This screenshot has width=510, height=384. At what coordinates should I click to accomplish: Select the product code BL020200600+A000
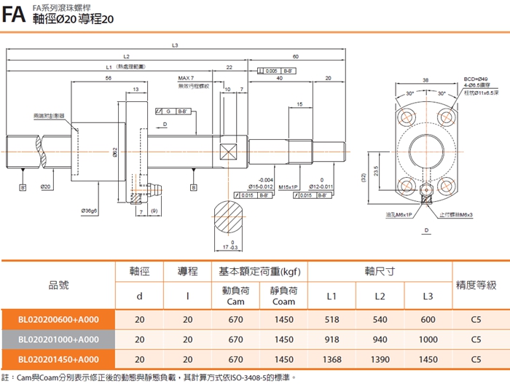pyautogui.click(x=58, y=318)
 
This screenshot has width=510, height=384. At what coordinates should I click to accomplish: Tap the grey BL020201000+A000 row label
pyautogui.click(x=58, y=339)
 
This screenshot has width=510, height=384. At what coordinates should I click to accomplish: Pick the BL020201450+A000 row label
pyautogui.click(x=58, y=359)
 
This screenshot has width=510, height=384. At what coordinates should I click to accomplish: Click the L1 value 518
pyautogui.click(x=331, y=318)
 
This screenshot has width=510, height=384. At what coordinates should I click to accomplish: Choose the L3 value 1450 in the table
pyautogui.click(x=428, y=359)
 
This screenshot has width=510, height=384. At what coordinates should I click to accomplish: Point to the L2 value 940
pyautogui.click(x=380, y=339)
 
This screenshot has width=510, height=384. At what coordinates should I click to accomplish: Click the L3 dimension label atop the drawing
pyautogui.click(x=175, y=45)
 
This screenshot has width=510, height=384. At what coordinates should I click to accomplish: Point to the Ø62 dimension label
pyautogui.click(x=116, y=151)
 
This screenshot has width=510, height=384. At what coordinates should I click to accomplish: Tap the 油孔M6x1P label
pyautogui.click(x=399, y=215)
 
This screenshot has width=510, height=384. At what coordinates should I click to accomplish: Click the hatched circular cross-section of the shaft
pyautogui.click(x=232, y=218)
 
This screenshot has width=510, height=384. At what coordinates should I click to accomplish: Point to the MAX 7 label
pyautogui.click(x=187, y=78)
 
